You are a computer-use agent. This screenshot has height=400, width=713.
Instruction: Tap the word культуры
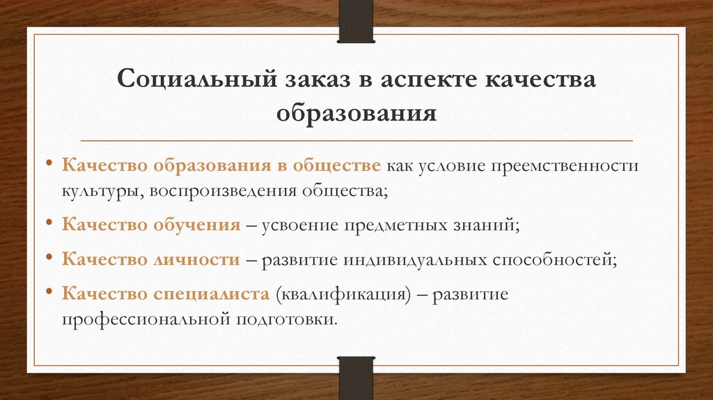coord(100,190)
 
